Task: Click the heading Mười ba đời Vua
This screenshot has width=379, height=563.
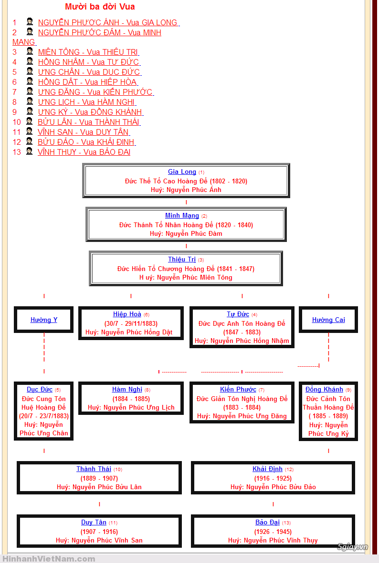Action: (100, 7)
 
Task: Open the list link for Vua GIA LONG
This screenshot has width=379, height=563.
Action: (108, 22)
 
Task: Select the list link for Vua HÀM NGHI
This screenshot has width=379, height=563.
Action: (86, 102)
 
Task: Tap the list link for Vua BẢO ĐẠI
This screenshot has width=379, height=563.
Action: (84, 152)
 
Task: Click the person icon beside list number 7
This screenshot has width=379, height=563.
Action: (30, 91)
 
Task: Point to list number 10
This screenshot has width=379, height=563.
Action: (17, 122)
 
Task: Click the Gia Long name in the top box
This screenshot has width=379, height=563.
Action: (182, 172)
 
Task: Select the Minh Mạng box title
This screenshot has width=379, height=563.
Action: (182, 216)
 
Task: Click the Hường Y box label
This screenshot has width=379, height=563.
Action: (44, 320)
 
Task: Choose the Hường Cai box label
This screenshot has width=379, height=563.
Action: (328, 320)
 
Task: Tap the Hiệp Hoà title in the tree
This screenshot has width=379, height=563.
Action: (127, 314)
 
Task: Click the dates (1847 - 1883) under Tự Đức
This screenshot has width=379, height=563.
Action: (242, 332)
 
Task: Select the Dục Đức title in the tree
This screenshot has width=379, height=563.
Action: (40, 390)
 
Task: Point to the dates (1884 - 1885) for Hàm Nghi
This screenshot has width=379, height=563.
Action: (131, 399)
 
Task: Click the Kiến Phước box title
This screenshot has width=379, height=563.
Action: (238, 390)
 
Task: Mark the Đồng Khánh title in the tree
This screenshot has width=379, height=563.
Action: (324, 390)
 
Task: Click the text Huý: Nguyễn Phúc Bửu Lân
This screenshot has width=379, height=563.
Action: (99, 487)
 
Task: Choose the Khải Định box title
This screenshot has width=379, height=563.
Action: (267, 469)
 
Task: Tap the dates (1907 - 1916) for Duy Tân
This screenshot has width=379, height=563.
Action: (99, 532)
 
